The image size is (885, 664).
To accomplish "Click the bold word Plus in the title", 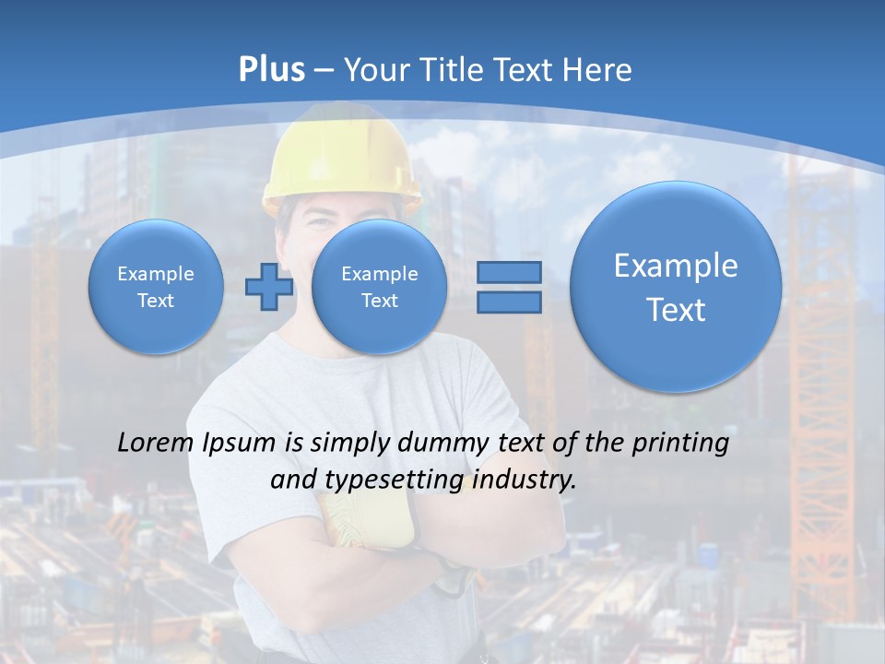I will [271, 70].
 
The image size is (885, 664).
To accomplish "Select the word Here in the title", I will [599, 70].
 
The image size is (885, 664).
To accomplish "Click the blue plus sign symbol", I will [268, 287].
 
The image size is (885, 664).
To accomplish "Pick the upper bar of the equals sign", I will [508, 273].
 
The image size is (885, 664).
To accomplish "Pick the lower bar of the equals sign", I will [508, 302].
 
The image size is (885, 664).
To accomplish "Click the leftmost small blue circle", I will [156, 286].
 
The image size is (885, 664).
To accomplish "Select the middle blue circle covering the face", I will [379, 286].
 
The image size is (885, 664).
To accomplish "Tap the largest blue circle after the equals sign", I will [676, 287].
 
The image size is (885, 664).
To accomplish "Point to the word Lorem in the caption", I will [156, 444].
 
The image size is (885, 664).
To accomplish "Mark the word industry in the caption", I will [523, 480].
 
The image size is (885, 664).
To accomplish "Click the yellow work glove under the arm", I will [373, 522].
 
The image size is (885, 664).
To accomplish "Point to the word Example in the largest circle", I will [676, 266].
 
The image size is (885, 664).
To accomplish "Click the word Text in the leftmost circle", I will [156, 301].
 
